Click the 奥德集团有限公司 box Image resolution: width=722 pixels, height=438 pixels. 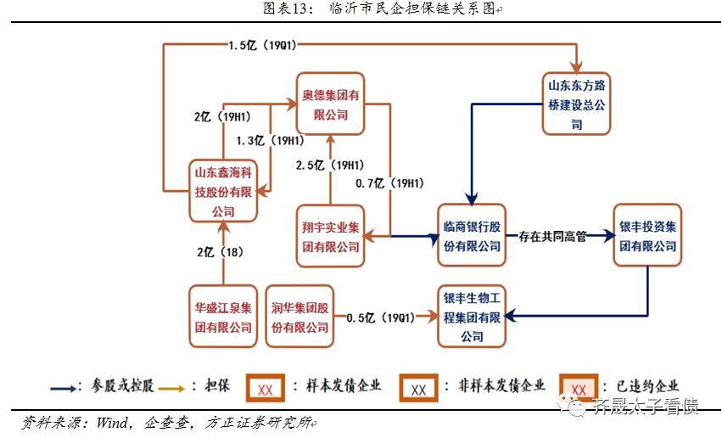pyautogui.click(x=330, y=104)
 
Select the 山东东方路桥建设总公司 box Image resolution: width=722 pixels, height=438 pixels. pyautogui.click(x=576, y=104)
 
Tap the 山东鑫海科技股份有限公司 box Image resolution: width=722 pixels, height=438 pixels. pyautogui.click(x=222, y=191)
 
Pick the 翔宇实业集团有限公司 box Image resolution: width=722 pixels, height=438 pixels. pyautogui.click(x=330, y=237)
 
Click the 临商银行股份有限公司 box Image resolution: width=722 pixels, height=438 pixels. pyautogui.click(x=472, y=236)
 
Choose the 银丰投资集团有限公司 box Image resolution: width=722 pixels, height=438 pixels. pyautogui.click(x=647, y=236)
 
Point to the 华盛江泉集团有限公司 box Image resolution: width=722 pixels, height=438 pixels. pyautogui.click(x=222, y=317)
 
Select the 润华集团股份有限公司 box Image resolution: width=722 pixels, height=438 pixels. pyautogui.click(x=299, y=317)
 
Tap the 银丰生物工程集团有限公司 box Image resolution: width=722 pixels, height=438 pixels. pyautogui.click(x=472, y=317)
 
